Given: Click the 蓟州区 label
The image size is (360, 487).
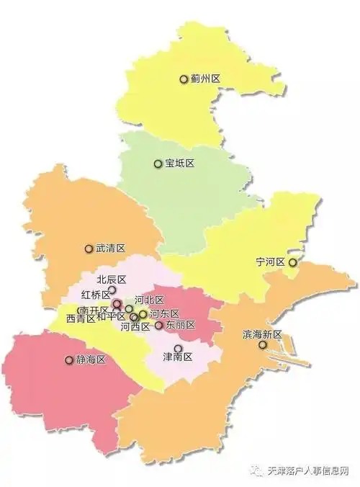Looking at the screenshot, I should (x=204, y=79).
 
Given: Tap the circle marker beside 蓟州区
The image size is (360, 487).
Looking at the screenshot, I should (x=184, y=79).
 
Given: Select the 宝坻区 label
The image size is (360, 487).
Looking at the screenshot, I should (x=179, y=164).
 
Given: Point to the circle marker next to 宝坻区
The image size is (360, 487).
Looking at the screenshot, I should (x=158, y=164).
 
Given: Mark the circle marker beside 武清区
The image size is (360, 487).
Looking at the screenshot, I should (x=89, y=248).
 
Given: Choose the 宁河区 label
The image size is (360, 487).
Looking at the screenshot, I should (x=271, y=262).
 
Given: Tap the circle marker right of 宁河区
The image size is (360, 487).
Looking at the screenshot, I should (x=292, y=263).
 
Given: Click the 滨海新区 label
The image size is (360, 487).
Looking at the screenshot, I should (x=261, y=335).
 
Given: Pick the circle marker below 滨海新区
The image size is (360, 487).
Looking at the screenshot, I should (x=263, y=345).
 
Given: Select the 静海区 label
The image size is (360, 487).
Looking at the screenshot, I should (x=91, y=359).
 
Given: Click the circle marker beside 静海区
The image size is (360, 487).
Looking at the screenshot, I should (x=70, y=359).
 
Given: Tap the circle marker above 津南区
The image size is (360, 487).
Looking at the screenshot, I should (x=179, y=348).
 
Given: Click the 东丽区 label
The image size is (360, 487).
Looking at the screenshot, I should (x=180, y=326).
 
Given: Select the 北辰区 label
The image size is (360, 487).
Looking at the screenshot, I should (x=112, y=280).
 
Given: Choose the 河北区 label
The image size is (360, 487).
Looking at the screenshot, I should (x=150, y=300).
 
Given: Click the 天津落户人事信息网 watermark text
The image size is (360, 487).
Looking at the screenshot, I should (x=307, y=472).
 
